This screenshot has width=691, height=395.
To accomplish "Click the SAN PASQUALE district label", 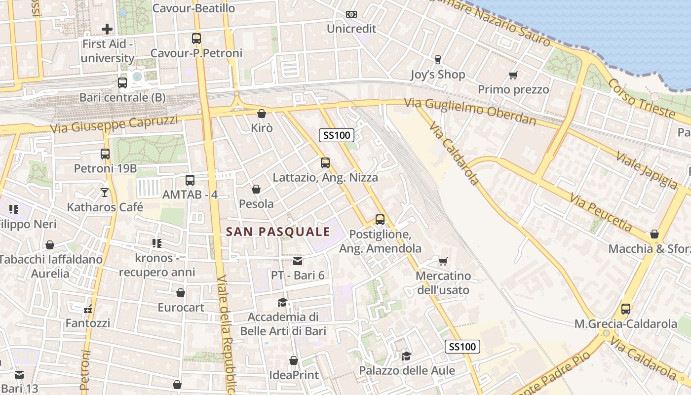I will [278, 232].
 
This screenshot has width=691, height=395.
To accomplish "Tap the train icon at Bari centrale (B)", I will [122, 83].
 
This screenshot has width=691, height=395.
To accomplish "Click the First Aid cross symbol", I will [107, 29].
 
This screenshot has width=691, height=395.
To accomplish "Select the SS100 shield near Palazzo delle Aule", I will [462, 347].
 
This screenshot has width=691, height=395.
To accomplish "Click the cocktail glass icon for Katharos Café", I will [105, 192].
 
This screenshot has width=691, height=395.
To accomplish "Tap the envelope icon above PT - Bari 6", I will [298, 261].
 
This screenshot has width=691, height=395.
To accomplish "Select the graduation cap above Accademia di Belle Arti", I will [282, 302].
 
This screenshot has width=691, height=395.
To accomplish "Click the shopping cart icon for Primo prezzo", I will [513, 76].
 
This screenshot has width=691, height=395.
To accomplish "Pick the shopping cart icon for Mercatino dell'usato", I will [443, 261].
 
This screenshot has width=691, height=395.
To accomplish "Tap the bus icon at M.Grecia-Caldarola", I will [625, 309].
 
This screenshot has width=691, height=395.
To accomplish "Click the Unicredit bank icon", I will [351, 14].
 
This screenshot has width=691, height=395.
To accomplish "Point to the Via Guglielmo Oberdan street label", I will [470, 112].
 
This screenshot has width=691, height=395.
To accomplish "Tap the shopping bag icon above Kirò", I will [262, 114].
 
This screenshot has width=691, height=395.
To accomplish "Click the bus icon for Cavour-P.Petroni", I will [196, 38].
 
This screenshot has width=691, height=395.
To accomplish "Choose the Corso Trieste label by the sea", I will [641, 98].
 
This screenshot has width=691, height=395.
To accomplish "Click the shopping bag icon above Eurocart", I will [181, 293].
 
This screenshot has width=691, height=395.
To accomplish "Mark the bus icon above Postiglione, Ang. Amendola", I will [380, 220].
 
